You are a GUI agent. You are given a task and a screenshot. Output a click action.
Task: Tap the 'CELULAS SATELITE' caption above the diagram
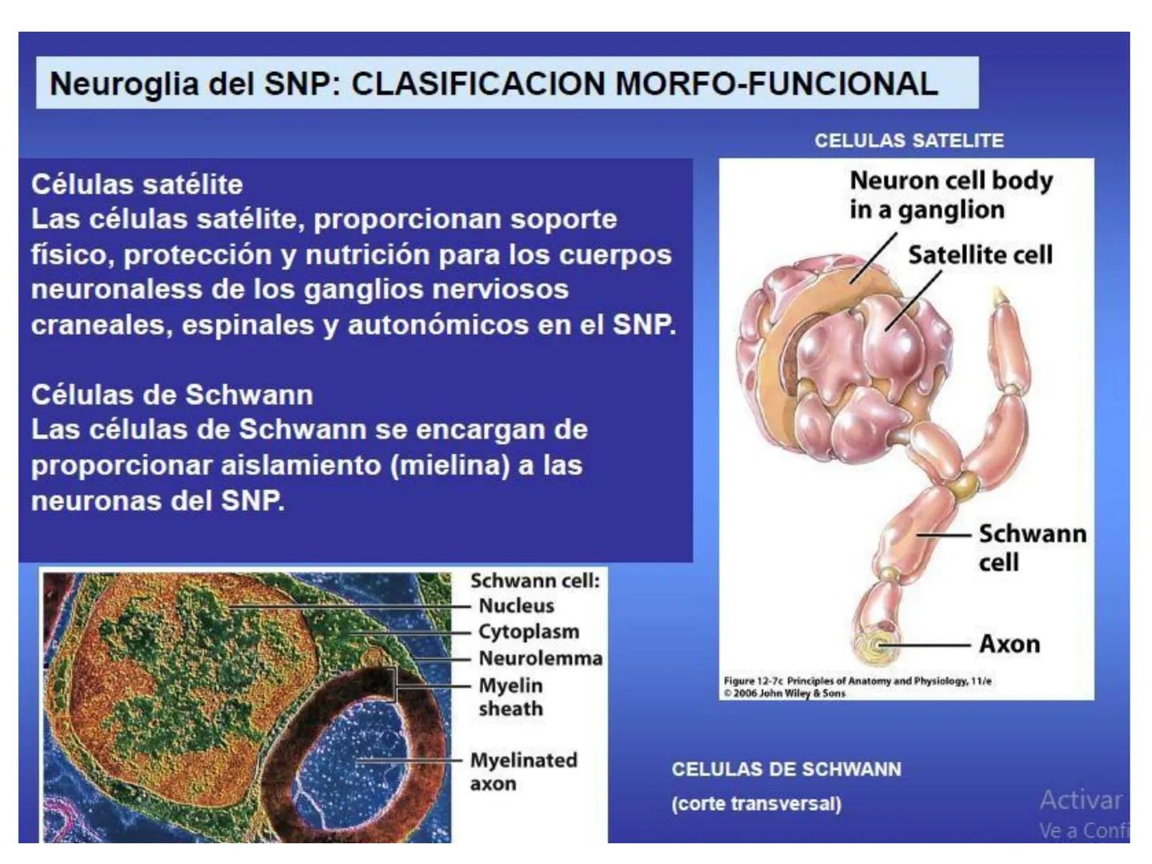pos(909,141)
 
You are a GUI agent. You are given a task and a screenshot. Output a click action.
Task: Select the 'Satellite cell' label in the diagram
pos(980,255)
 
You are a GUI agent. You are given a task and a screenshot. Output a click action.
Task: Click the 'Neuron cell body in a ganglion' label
pos(950,195)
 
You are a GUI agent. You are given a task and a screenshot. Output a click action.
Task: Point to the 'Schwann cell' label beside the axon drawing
pos(1031,547)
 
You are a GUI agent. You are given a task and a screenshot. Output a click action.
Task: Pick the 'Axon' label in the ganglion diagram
pos(1010,644)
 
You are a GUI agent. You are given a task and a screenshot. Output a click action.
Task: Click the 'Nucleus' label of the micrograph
pos(516,606)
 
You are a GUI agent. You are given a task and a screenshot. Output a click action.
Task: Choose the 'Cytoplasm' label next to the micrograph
pos(529,631)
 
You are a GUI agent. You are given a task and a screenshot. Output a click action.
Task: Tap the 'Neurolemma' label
pos(540,658)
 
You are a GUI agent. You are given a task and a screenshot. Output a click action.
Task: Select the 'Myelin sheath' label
pos(510,697)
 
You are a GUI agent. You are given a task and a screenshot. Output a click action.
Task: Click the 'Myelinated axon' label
pos(523,771)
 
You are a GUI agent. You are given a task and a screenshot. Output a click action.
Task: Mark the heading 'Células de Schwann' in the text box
pos(172,394)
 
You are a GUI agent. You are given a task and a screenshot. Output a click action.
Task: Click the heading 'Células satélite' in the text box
pos(137,184)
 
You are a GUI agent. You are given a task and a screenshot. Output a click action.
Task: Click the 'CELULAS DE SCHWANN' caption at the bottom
pos(786,770)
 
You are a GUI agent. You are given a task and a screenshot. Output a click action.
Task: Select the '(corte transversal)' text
pos(756,803)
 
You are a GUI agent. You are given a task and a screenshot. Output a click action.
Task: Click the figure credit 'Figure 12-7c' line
pos(857,681)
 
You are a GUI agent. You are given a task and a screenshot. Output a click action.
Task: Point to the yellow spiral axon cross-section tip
pos(876,645)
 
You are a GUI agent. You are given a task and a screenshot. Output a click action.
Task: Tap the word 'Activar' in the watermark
pos(1081,799)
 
